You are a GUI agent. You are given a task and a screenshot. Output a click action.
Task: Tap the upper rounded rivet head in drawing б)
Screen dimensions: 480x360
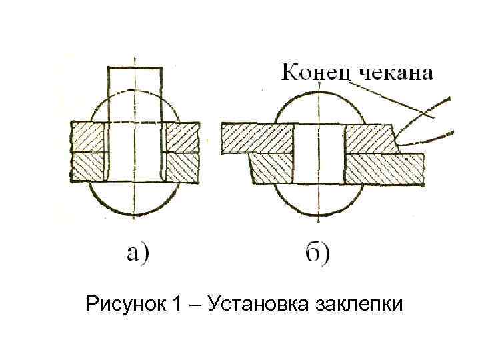(x=319, y=107)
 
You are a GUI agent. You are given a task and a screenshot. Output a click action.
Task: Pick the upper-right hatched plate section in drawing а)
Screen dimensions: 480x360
(x=182, y=138)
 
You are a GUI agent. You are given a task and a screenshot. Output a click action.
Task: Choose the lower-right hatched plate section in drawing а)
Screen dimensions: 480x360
(x=182, y=167)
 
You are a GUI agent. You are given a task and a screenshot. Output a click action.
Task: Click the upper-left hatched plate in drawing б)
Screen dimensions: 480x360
(x=257, y=139)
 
